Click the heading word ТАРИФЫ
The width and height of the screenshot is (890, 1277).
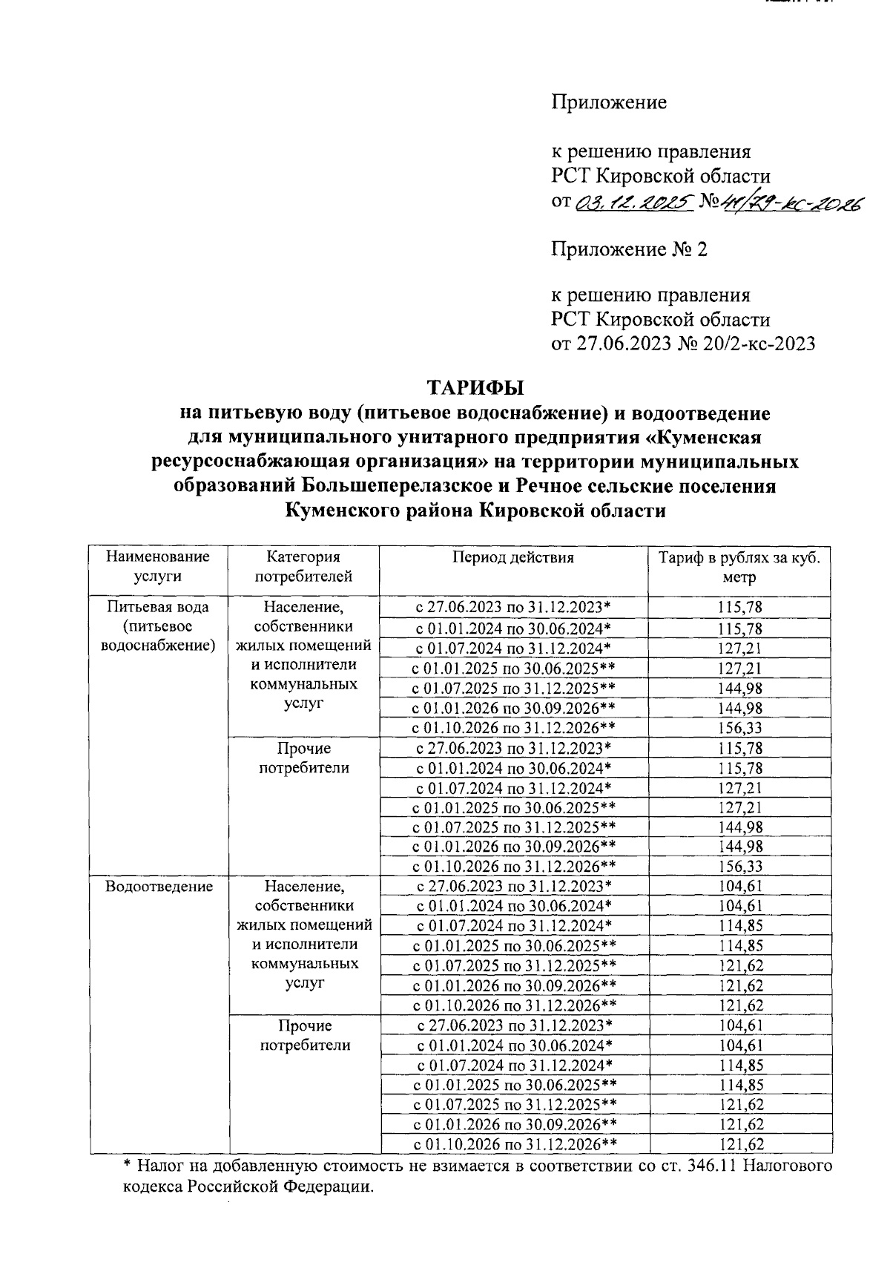(x=475, y=388)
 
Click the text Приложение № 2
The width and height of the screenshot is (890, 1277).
(x=628, y=249)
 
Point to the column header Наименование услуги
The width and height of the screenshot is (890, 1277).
(x=158, y=566)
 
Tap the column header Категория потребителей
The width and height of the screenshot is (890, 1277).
(x=303, y=566)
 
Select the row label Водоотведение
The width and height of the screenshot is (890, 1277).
(x=159, y=886)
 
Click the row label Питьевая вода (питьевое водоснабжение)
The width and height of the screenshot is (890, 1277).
(x=158, y=626)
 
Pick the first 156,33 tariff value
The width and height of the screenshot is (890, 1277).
(x=739, y=728)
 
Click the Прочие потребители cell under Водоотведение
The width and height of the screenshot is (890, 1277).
(x=304, y=1035)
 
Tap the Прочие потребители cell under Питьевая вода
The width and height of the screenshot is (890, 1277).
(x=304, y=758)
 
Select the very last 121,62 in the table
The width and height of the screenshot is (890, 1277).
(x=739, y=1144)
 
